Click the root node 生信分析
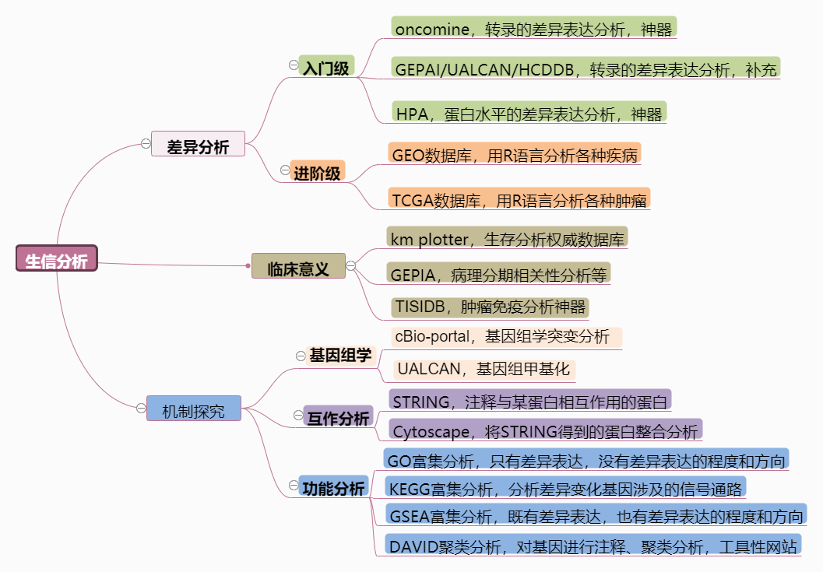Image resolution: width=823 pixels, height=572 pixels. click(57, 260)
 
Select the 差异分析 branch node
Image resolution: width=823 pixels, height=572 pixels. click(198, 145)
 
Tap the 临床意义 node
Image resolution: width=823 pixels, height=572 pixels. click(298, 267)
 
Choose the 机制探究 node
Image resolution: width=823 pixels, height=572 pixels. click(193, 409)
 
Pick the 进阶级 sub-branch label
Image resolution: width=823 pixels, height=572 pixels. click(316, 172)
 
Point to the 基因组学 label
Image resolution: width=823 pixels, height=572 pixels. click(340, 356)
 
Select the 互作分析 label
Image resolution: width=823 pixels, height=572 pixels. click(338, 418)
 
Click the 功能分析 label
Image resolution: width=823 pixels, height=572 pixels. click(333, 489)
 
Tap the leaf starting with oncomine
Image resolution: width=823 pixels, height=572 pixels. click(533, 28)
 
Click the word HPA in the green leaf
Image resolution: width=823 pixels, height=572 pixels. click(412, 114)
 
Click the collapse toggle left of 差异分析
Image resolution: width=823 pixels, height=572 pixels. click(146, 144)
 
